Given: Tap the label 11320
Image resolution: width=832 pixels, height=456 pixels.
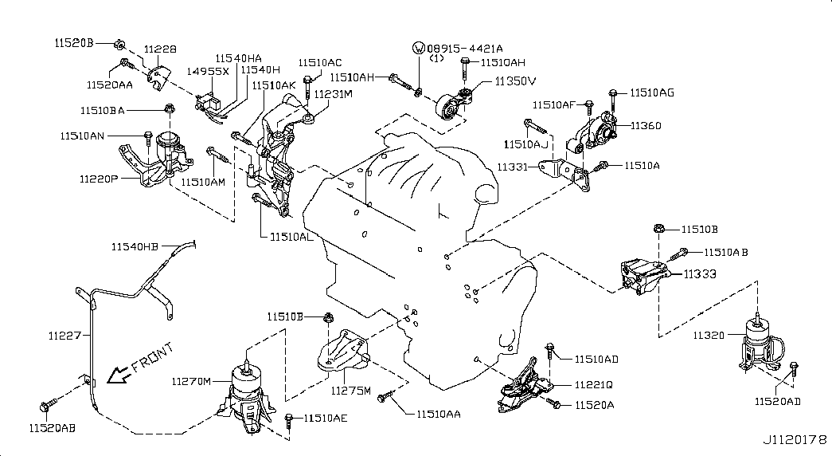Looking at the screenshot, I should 708,336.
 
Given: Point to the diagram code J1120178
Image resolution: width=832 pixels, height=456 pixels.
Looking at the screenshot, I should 795,440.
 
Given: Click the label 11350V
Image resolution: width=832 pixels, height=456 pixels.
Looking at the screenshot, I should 515,81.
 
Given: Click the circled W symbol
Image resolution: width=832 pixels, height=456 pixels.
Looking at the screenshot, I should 419,48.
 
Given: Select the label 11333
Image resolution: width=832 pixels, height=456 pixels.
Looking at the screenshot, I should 700,273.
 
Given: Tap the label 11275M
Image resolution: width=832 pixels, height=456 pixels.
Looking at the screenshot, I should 352,391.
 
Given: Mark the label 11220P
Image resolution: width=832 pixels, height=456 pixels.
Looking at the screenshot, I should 98,179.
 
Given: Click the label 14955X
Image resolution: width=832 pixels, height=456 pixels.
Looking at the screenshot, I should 208,71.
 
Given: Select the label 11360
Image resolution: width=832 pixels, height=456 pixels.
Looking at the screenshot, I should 646,126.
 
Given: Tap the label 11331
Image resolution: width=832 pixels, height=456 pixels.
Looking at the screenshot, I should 514,167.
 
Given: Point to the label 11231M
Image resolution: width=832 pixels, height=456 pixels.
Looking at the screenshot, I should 333,94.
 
